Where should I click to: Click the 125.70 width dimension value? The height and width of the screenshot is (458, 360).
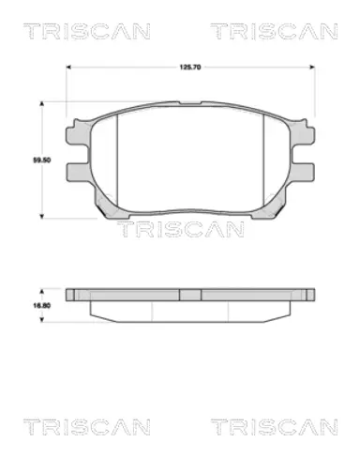[x=190, y=67]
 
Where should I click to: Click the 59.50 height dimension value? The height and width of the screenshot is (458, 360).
[x=42, y=160]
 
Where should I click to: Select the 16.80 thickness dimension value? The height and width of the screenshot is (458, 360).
[x=42, y=305]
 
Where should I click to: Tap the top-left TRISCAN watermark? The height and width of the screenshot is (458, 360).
[x=87, y=31]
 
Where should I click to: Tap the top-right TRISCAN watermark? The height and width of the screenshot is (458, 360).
[x=274, y=31]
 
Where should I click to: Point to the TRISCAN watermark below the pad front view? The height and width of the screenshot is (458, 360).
[x=180, y=229]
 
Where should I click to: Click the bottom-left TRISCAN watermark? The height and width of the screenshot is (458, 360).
[x=87, y=427]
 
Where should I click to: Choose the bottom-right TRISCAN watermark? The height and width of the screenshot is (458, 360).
[x=274, y=427]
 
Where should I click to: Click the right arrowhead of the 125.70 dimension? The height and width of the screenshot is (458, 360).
[x=312, y=67]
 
